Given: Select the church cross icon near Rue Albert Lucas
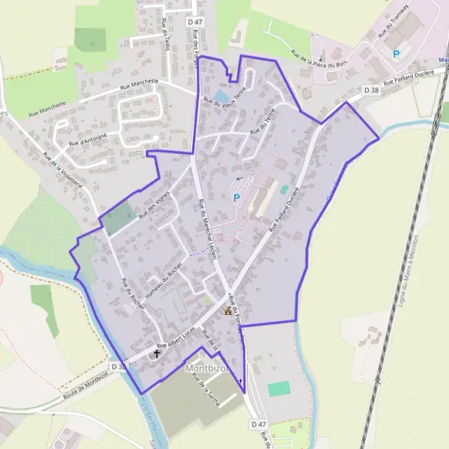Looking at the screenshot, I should pos(157,352).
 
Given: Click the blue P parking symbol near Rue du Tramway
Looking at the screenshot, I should pos(397,54).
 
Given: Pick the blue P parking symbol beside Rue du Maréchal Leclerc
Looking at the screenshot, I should pos(236,198).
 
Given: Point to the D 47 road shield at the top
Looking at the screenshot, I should pos(195,22).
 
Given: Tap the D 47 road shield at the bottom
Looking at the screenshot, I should pos(258,424).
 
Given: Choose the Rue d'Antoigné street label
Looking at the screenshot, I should pos(88,138).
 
